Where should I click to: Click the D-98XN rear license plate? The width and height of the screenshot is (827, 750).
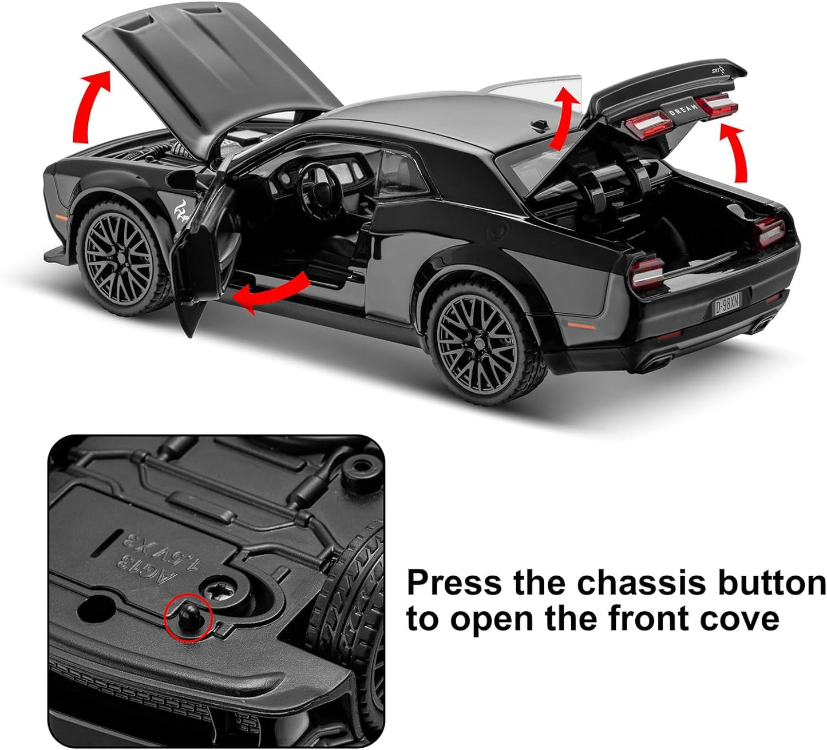point(727,303)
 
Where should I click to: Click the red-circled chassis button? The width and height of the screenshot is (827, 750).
point(188,616)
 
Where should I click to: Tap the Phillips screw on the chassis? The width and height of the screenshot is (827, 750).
point(222,589)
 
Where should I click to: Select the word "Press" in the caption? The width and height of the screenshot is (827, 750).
point(455,583)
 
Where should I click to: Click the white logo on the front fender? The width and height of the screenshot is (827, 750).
point(183,218)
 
